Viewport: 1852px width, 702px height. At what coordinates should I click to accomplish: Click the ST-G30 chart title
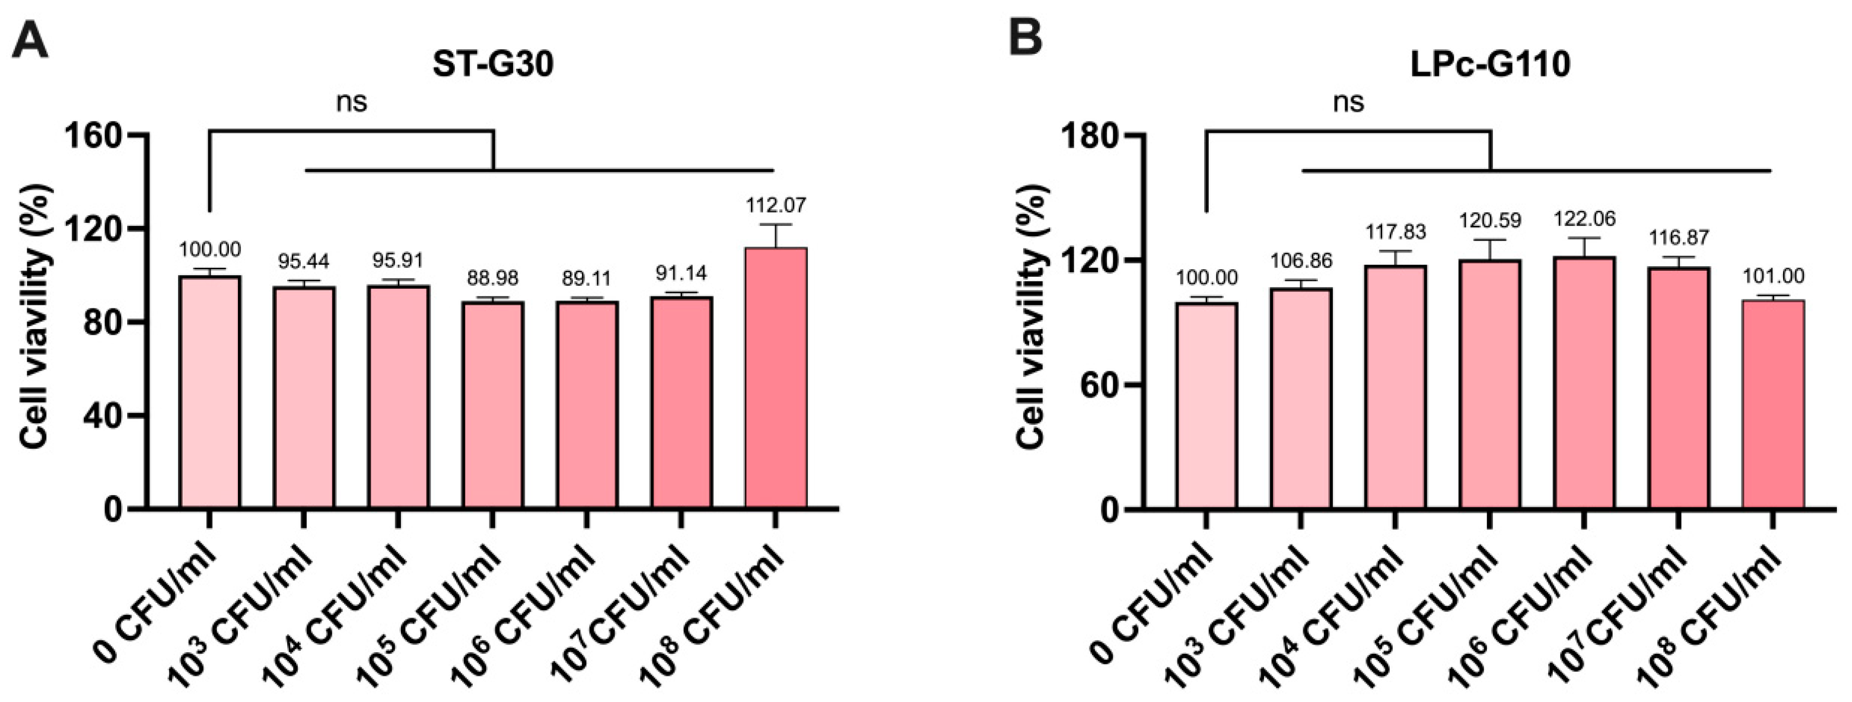[x=493, y=65]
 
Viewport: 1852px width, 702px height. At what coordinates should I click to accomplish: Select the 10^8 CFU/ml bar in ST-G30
[x=776, y=377]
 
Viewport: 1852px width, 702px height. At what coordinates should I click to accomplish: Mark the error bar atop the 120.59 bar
[x=1490, y=250]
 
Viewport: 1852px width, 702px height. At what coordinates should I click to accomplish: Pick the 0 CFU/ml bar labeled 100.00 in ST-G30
[x=210, y=392]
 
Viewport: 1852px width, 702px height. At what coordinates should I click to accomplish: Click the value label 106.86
[x=1301, y=260]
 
